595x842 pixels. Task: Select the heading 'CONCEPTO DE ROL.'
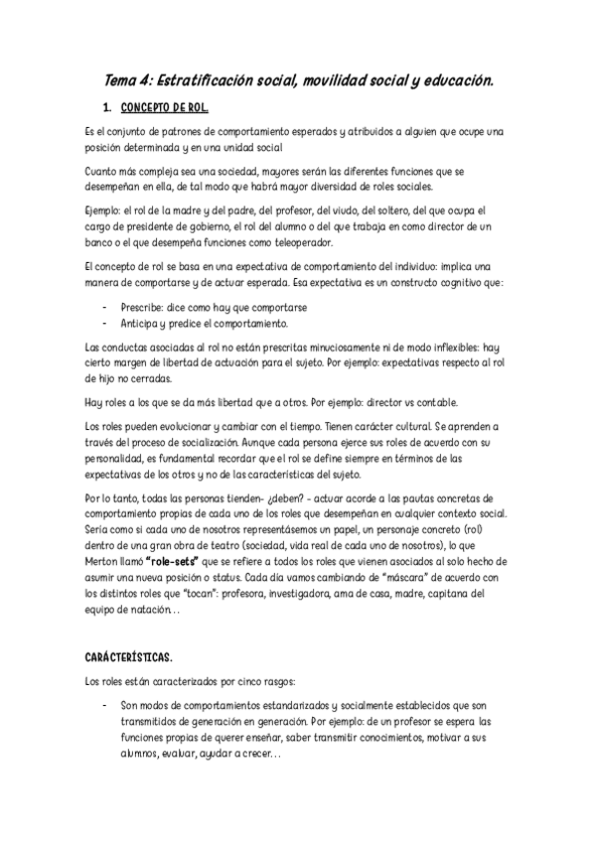tap(164, 106)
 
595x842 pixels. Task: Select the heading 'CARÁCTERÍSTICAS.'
tap(130, 657)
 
